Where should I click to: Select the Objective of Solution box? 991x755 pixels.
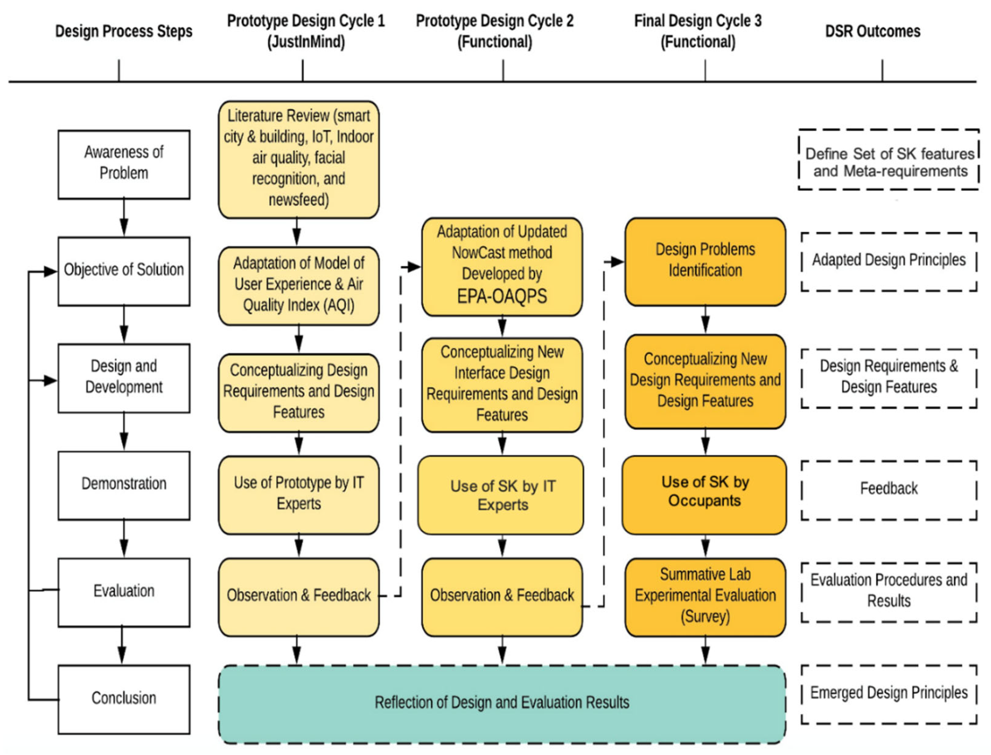(123, 271)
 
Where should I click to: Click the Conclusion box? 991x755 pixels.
(123, 699)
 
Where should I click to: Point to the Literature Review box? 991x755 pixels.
(298, 159)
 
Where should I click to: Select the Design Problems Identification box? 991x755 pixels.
(705, 261)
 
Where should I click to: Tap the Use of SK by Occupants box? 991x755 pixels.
(704, 494)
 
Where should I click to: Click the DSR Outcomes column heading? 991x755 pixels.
(872, 31)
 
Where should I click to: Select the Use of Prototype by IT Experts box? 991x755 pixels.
(298, 494)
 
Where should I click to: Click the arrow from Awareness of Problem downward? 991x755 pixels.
(123, 218)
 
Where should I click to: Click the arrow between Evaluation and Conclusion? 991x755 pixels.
(122, 646)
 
